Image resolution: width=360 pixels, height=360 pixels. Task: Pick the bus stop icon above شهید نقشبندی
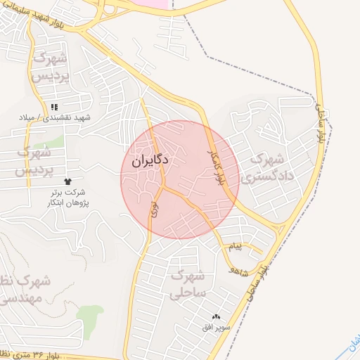54,107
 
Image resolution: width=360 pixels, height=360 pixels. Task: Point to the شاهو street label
240,270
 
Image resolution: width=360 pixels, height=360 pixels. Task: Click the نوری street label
154,209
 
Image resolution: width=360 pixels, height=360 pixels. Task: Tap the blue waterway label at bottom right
352,342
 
